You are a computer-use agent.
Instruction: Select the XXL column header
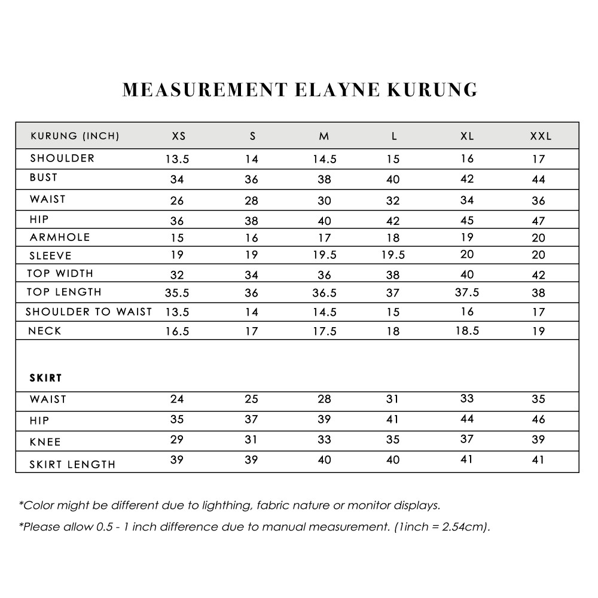point(541,136)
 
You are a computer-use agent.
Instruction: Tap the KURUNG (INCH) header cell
point(75,136)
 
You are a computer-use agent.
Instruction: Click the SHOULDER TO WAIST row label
point(89,312)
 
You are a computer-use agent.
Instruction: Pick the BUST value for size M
point(324,179)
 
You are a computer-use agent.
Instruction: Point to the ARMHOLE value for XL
point(467,237)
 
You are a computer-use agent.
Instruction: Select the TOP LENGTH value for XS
point(177,293)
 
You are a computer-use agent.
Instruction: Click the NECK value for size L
point(393,331)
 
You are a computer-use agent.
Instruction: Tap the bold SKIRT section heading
point(46,378)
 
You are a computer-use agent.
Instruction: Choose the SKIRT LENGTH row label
point(72,464)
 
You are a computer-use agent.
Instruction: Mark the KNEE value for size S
point(252,440)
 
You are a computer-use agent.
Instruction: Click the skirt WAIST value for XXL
point(538,399)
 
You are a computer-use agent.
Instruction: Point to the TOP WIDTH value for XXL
point(538,275)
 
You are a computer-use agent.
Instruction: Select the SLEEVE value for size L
point(393,255)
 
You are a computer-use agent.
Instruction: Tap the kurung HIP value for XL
point(467,219)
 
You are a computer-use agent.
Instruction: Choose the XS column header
point(179,136)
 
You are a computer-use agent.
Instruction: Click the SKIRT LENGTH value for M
point(324,460)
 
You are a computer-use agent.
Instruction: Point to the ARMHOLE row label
point(60,237)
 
